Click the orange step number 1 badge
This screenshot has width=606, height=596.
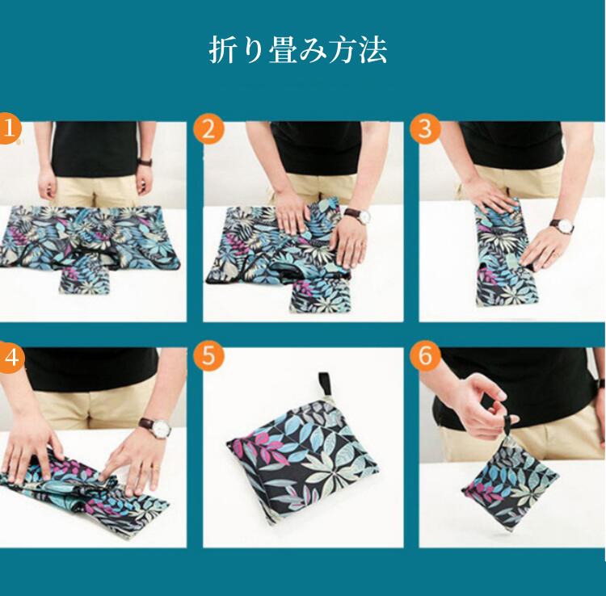click(x=8, y=128)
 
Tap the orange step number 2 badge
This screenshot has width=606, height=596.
click(x=208, y=128)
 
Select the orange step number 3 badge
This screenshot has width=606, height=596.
click(x=425, y=128)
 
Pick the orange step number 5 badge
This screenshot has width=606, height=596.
click(x=208, y=356)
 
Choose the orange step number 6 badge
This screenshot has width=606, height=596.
click(x=425, y=356)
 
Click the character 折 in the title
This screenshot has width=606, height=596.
click(x=222, y=50)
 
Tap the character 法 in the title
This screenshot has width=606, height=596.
click(x=372, y=50)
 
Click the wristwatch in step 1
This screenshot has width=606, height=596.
click(x=145, y=162)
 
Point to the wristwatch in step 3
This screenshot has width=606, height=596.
click(x=562, y=225)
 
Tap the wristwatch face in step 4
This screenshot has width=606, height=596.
click(x=161, y=427)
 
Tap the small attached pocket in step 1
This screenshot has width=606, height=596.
click(x=85, y=279)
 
